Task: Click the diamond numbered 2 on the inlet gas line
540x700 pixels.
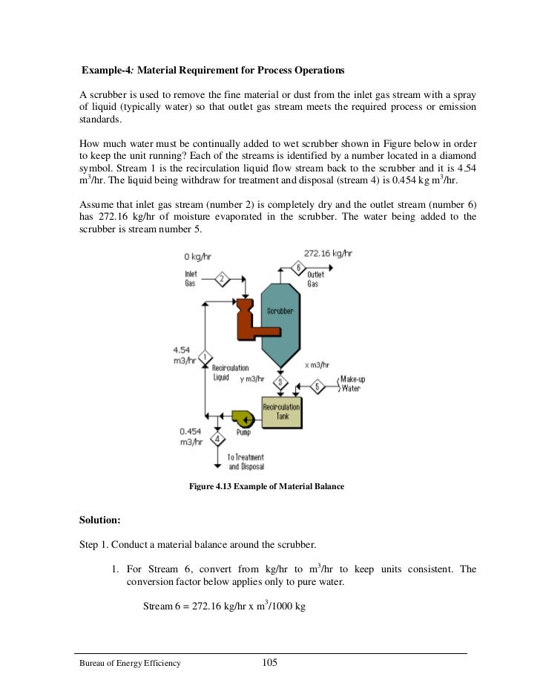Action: coord(220,280)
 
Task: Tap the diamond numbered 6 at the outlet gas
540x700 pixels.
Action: coord(297,268)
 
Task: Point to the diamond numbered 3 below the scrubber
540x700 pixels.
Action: coord(280,382)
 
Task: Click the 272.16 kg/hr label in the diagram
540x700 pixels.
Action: coord(329,253)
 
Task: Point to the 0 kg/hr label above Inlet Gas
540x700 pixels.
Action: coord(199,257)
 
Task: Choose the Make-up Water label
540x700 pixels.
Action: coord(353,384)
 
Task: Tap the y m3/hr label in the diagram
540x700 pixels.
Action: coord(254,379)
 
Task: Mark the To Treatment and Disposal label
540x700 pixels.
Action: coord(246,462)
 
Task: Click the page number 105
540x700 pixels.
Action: coord(270,663)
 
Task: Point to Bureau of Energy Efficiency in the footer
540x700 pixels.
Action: coord(131,664)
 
